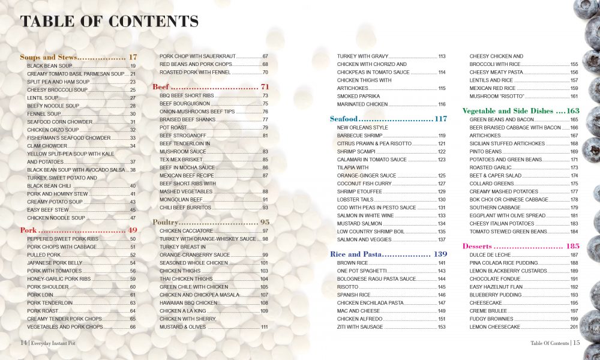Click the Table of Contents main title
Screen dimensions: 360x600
(109, 22)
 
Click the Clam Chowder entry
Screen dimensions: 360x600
(47, 146)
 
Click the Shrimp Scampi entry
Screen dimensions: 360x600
(357, 152)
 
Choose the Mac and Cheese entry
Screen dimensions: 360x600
(358, 311)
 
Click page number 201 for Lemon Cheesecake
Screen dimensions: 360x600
(574, 327)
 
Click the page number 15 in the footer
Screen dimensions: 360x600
(576, 343)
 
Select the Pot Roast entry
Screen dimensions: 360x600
(172, 127)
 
